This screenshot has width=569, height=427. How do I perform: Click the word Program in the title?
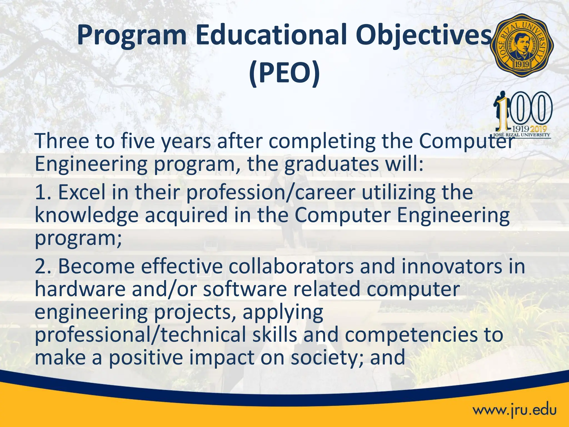(131, 35)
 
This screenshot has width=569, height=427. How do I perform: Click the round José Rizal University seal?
(522, 45)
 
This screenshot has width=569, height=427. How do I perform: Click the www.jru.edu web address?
(515, 410)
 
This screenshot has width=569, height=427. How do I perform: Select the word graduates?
(332, 164)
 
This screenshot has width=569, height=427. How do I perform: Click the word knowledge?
(86, 216)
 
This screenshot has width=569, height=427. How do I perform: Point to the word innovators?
(452, 266)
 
